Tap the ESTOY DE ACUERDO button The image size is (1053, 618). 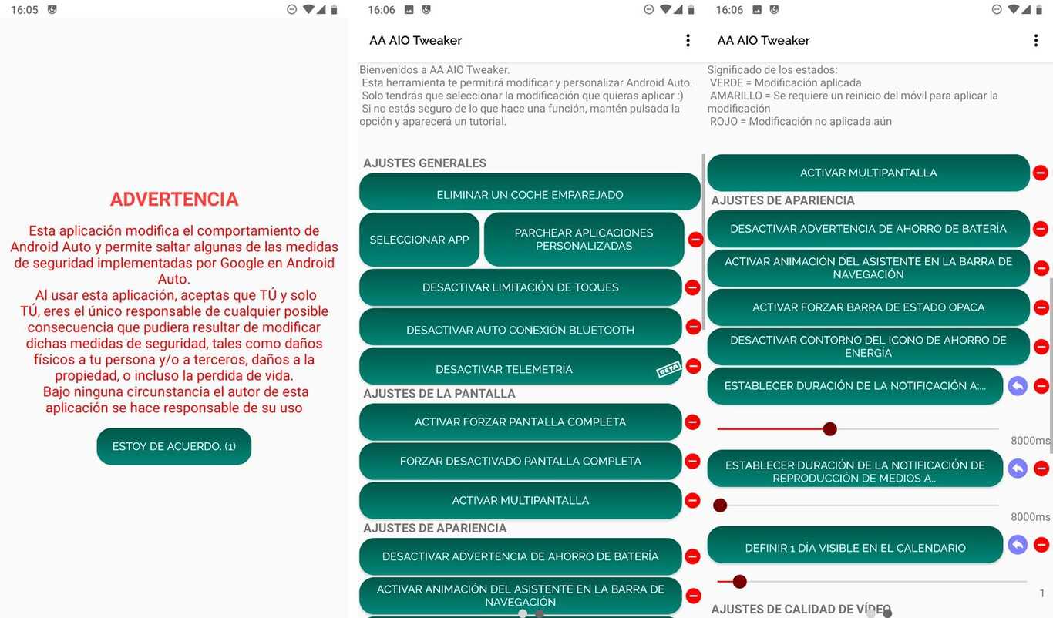point(174,446)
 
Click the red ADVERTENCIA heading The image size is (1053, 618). point(174,200)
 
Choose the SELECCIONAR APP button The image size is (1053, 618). point(419,240)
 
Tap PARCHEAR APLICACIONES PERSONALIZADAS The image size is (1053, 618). point(584,240)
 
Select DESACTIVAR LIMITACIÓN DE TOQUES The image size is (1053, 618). point(520,287)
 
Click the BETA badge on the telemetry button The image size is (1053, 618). point(668,370)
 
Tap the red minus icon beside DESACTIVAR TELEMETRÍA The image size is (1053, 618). point(692,366)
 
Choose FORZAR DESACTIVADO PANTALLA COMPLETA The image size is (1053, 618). point(520,462)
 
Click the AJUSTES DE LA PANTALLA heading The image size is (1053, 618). point(439,394)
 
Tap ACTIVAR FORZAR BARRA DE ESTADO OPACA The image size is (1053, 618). point(868,307)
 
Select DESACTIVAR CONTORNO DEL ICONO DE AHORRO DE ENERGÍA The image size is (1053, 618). point(868,347)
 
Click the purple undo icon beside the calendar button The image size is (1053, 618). point(1018,545)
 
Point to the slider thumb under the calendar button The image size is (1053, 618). point(740,581)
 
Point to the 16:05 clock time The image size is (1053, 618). point(25,10)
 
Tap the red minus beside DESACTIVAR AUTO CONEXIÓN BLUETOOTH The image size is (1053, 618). point(692,327)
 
